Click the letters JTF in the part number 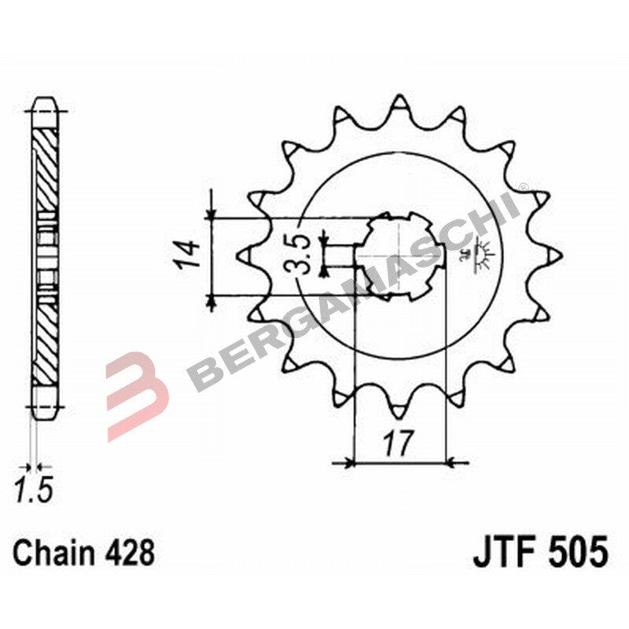click(x=502, y=552)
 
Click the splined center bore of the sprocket click(x=400, y=256)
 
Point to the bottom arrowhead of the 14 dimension click(x=211, y=300)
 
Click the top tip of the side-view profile click(x=46, y=101)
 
